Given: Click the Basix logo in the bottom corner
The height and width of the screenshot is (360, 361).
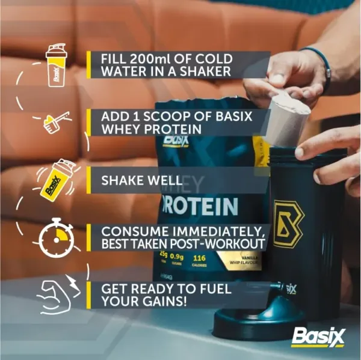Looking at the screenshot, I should (x=318, y=337).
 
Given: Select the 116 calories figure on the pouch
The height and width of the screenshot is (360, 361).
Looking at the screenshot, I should (x=199, y=257).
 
